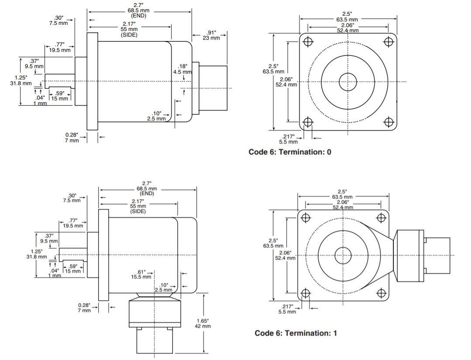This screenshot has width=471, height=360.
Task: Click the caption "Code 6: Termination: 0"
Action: (x=289, y=152)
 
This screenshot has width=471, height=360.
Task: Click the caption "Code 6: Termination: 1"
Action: (x=296, y=333)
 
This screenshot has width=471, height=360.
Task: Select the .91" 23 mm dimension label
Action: (x=212, y=35)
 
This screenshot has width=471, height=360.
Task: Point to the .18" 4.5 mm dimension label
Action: (x=183, y=69)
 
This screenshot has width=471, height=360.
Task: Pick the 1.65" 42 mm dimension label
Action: (x=203, y=323)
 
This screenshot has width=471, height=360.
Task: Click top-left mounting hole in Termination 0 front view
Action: (x=308, y=42)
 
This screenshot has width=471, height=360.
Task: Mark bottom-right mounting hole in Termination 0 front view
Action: (x=388, y=122)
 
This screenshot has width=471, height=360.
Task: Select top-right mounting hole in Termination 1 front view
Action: (x=382, y=217)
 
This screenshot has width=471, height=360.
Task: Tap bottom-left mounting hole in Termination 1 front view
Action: (x=306, y=293)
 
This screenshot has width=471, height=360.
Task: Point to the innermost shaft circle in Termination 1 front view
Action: (x=343, y=255)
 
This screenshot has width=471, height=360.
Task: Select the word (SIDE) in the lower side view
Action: (x=138, y=211)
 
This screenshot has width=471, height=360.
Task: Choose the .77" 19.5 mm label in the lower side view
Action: (x=72, y=223)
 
